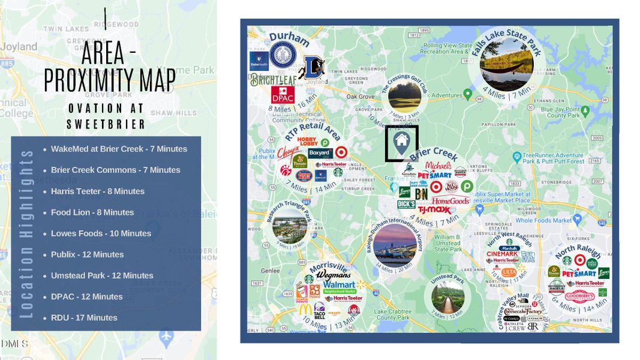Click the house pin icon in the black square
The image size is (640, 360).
401,142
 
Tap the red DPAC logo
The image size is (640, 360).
266,94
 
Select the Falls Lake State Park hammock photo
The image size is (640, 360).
506,64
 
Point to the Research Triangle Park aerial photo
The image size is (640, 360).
289,225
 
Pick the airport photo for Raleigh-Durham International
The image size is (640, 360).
395,244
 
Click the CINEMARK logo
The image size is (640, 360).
501,254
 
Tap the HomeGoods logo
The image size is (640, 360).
450,200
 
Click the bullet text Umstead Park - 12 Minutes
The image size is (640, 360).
102,275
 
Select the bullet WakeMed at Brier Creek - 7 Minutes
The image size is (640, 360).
119,149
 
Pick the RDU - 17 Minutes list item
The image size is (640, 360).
84,317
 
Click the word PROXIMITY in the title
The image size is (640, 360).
110,80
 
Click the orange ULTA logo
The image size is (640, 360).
509,272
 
